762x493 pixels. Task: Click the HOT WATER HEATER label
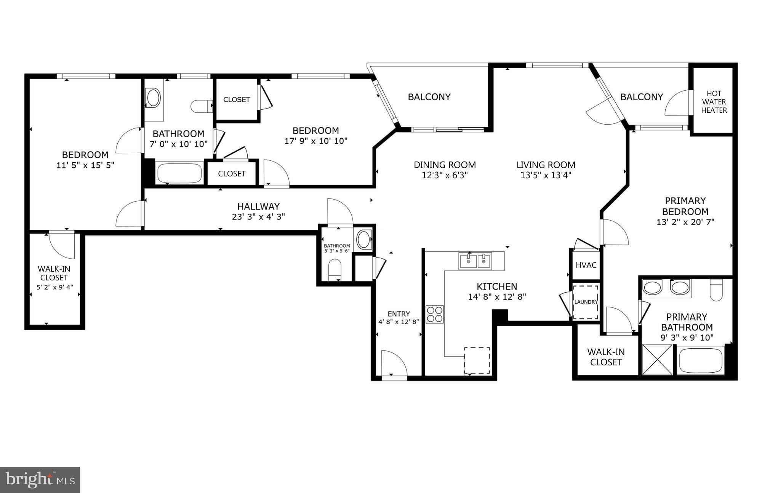tap(714, 102)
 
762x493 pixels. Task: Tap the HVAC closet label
tap(586, 265)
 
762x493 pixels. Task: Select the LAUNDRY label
tap(586, 302)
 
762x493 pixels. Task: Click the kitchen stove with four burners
tap(435, 314)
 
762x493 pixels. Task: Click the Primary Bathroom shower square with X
tap(658, 359)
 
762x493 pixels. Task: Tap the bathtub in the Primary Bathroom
tap(700, 360)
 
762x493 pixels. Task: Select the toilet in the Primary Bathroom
tap(716, 290)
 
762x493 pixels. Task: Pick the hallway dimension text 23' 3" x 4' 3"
tap(259, 217)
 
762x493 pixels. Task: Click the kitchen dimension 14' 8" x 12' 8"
tap(497, 297)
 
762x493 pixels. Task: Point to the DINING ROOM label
tap(445, 165)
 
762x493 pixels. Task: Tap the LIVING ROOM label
tap(546, 165)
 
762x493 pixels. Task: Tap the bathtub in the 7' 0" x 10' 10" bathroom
tap(179, 173)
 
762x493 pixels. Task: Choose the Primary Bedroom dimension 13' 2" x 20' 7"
tap(685, 222)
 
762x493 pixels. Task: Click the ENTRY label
tap(399, 314)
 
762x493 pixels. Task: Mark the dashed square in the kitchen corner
tap(477, 360)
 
